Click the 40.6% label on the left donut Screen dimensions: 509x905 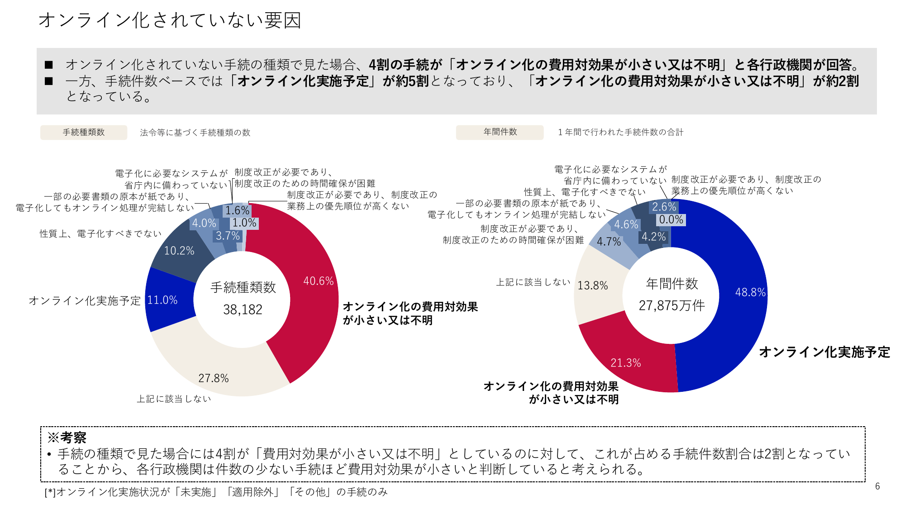pyautogui.click(x=318, y=281)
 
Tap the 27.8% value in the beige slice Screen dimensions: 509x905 pyautogui.click(x=213, y=378)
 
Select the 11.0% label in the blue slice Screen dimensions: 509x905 pyautogui.click(x=162, y=300)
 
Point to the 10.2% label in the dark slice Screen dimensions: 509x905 pyautogui.click(x=179, y=251)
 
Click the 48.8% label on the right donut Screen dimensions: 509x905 pyautogui.click(x=750, y=292)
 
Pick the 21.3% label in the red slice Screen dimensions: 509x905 pyautogui.click(x=625, y=363)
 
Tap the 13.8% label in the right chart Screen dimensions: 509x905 pyautogui.click(x=592, y=285)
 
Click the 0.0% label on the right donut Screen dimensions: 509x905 pyautogui.click(x=671, y=220)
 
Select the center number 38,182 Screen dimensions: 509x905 pyautogui.click(x=243, y=309)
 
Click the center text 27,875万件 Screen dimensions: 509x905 pyautogui.click(x=672, y=306)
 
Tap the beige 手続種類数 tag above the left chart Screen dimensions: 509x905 pyautogui.click(x=84, y=132)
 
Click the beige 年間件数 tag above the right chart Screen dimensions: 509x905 pyautogui.click(x=500, y=132)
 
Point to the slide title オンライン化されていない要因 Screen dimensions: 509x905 pyautogui.click(x=170, y=20)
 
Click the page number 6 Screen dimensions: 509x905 pyautogui.click(x=877, y=486)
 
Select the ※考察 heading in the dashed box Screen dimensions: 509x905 pyautogui.click(x=67, y=438)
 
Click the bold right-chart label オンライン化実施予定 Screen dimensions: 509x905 pyautogui.click(x=824, y=352)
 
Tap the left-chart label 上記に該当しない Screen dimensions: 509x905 pyautogui.click(x=174, y=399)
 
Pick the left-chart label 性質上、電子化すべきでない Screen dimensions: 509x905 pyautogui.click(x=100, y=233)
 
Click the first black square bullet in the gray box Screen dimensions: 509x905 pyautogui.click(x=49, y=65)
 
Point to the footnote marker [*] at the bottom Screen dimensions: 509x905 pyautogui.click(x=50, y=492)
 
